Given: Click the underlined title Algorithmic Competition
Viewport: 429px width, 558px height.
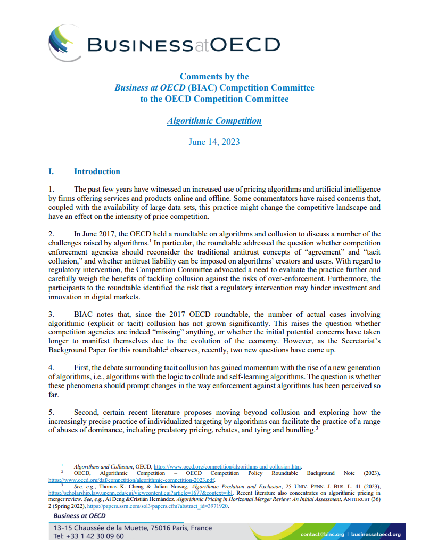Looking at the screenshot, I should click(214, 121).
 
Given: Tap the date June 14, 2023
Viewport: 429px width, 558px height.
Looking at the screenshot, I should click(214, 142).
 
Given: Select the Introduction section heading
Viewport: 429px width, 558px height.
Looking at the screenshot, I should click(97, 171).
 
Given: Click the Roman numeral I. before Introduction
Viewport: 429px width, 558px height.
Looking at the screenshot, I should click(52, 171).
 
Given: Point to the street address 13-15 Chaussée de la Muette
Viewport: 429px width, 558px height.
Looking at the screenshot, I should click(106, 528).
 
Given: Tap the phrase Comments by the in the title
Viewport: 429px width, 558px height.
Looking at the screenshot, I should click(214, 77).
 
